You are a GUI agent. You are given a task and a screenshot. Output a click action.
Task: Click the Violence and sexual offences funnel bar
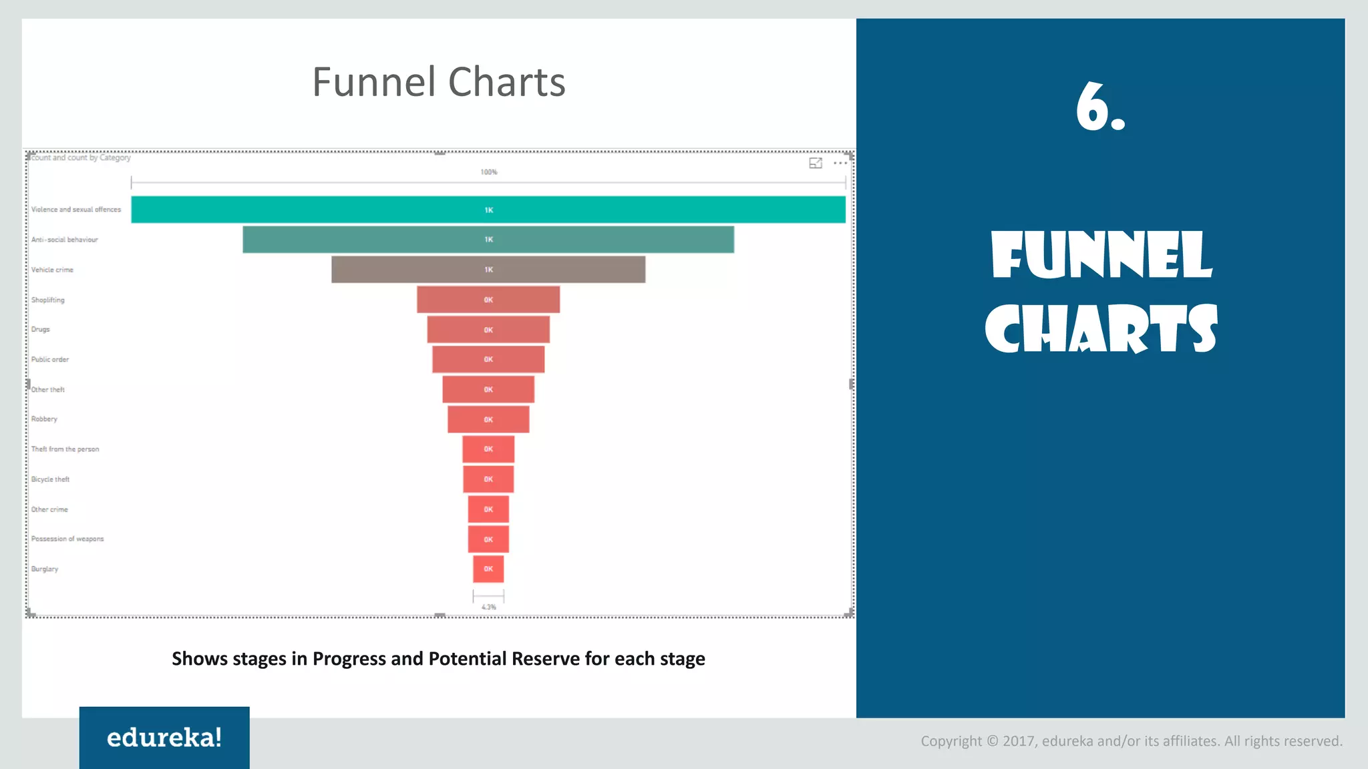click(488, 210)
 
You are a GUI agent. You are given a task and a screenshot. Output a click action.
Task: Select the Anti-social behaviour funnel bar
click(488, 240)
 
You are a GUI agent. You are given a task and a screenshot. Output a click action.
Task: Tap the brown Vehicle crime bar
click(488, 270)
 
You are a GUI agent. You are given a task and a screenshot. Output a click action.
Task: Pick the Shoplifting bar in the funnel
click(488, 300)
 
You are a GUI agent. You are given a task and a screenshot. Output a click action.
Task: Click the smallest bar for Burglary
click(488, 569)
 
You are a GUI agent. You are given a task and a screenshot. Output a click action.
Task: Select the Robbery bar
click(488, 419)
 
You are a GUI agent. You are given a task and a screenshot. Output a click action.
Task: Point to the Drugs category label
click(41, 330)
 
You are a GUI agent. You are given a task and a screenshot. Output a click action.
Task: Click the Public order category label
click(50, 360)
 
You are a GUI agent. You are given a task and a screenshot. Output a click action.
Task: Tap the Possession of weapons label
click(67, 539)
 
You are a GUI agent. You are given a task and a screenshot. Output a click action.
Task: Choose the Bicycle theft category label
click(50, 479)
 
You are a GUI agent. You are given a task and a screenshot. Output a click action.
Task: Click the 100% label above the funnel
click(489, 172)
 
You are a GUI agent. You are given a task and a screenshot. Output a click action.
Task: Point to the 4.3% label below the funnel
click(489, 607)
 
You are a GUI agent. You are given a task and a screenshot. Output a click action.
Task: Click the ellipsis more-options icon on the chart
click(840, 163)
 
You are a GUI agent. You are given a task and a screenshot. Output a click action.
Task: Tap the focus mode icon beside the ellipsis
click(816, 163)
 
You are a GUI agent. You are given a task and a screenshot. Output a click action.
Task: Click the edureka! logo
click(164, 738)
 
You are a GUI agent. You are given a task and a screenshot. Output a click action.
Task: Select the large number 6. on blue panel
click(1100, 107)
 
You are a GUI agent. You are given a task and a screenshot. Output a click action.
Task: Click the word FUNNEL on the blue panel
click(1101, 256)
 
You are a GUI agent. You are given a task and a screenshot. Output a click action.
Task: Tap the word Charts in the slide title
click(506, 82)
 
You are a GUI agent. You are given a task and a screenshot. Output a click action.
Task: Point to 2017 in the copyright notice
click(1019, 741)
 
